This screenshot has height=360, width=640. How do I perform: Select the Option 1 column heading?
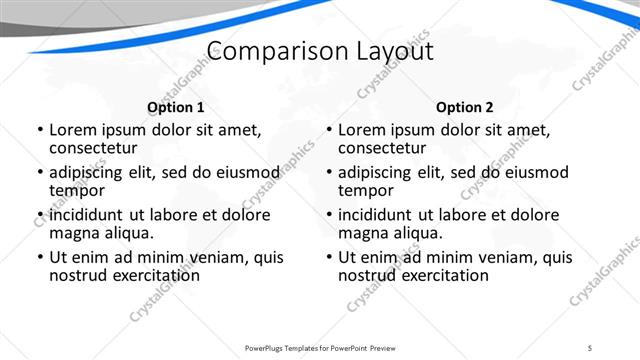pos(176,107)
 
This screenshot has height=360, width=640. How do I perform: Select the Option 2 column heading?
pos(465,107)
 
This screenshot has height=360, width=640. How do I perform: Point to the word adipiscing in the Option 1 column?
pos(90,172)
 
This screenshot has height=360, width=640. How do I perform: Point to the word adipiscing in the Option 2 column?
pos(379,172)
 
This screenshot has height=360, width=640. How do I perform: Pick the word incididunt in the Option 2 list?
pos(381,215)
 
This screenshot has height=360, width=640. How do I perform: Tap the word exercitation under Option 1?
pos(150,275)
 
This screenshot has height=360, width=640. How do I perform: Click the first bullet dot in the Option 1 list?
pos(39,130)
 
